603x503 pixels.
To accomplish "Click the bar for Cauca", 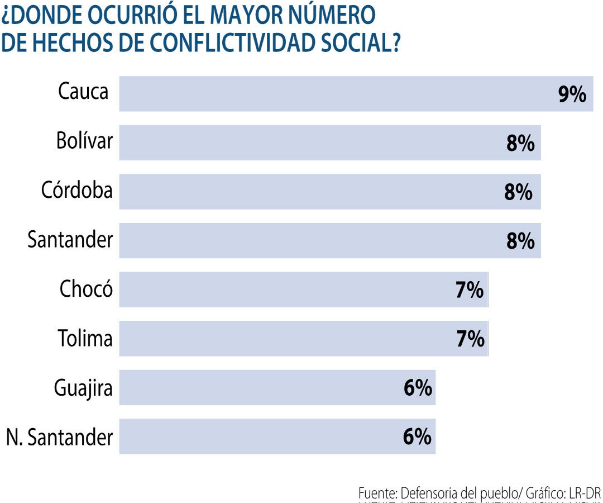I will click(x=335, y=94).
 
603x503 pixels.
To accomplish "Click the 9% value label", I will click(x=572, y=95).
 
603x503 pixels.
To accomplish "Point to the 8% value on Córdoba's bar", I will click(x=518, y=192).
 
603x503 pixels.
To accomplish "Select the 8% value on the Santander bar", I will click(x=519, y=241).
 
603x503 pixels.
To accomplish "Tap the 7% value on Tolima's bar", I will click(x=470, y=339).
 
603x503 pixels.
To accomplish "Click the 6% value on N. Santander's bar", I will click(x=417, y=437).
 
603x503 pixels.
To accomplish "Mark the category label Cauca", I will click(x=83, y=91).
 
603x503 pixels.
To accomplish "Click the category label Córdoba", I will click(x=76, y=190).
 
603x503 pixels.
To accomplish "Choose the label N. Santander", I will click(x=59, y=437).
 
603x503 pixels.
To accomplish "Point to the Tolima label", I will click(x=85, y=338).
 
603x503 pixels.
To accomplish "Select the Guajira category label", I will click(x=83, y=388).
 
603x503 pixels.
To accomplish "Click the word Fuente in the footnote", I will click(x=377, y=493).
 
